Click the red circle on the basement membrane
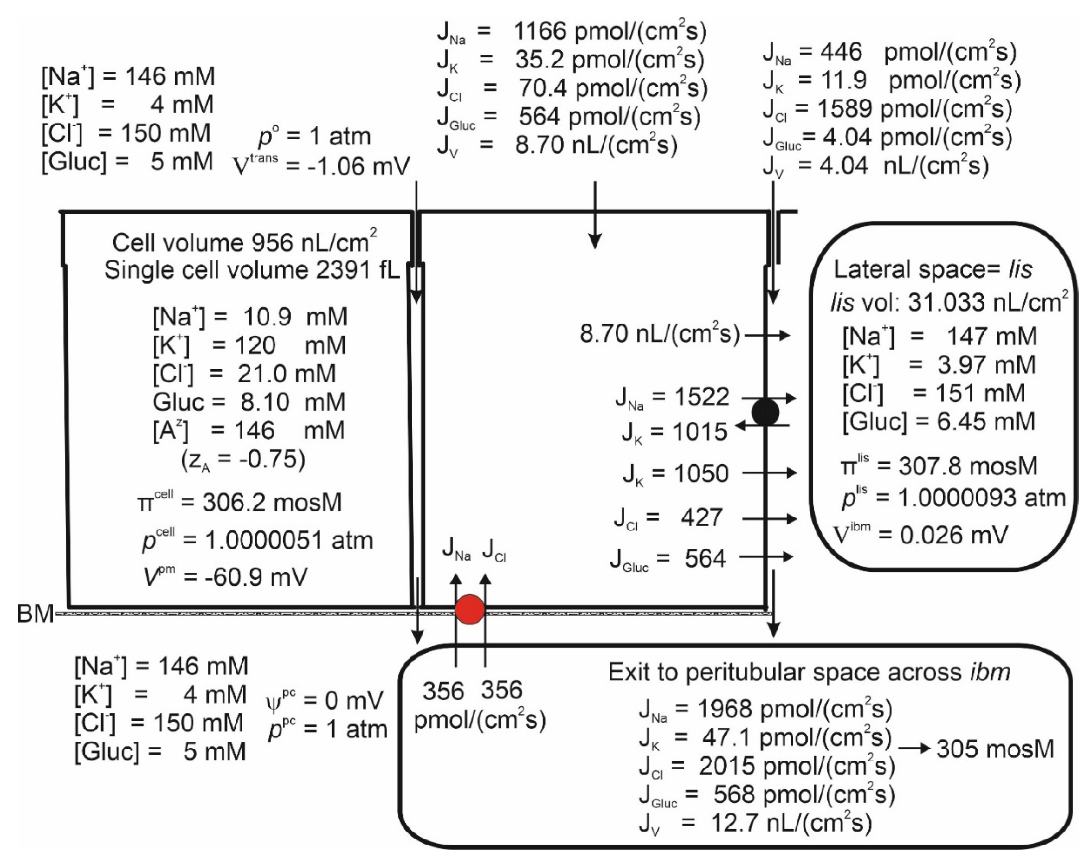(469, 609)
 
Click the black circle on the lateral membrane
(765, 412)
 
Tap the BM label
(35, 614)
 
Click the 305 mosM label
(995, 749)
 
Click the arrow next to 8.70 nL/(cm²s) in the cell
(767, 335)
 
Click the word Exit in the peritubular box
(629, 672)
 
